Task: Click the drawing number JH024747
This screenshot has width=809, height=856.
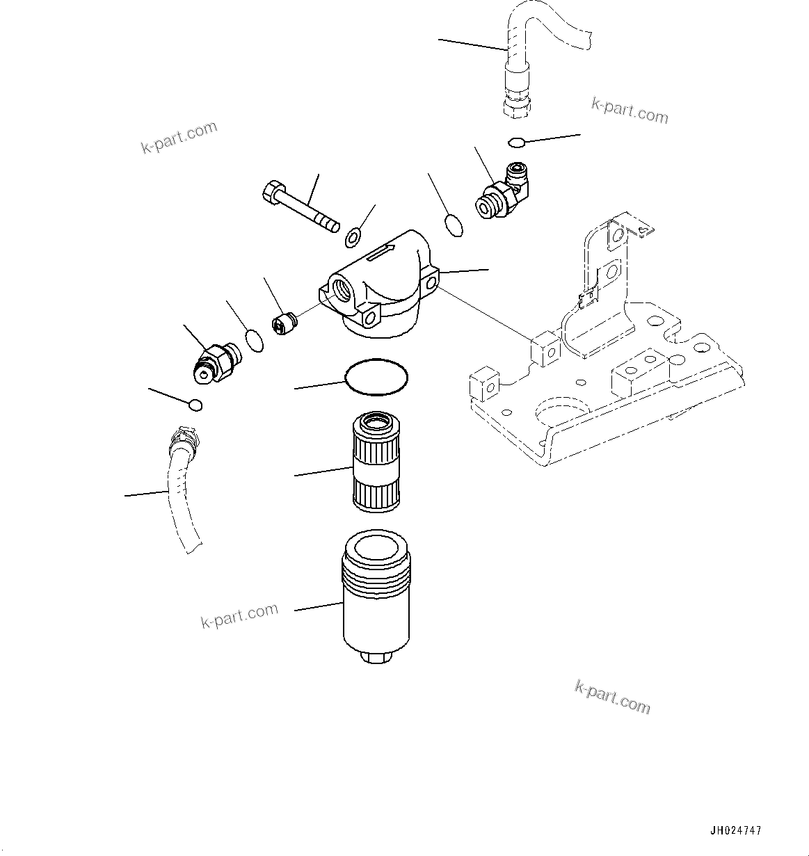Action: [x=736, y=830]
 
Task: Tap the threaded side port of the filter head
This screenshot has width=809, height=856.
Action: [x=343, y=290]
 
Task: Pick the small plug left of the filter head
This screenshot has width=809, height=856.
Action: [x=283, y=324]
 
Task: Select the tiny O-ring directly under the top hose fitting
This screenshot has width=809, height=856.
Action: [x=515, y=143]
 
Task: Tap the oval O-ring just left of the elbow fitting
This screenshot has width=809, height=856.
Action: [x=453, y=226]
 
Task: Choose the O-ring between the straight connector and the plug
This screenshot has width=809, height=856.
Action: [x=255, y=341]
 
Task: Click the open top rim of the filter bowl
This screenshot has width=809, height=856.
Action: [x=376, y=550]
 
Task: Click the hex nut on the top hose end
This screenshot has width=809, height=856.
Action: [x=518, y=105]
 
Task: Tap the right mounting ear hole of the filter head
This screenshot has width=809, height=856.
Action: [x=431, y=282]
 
